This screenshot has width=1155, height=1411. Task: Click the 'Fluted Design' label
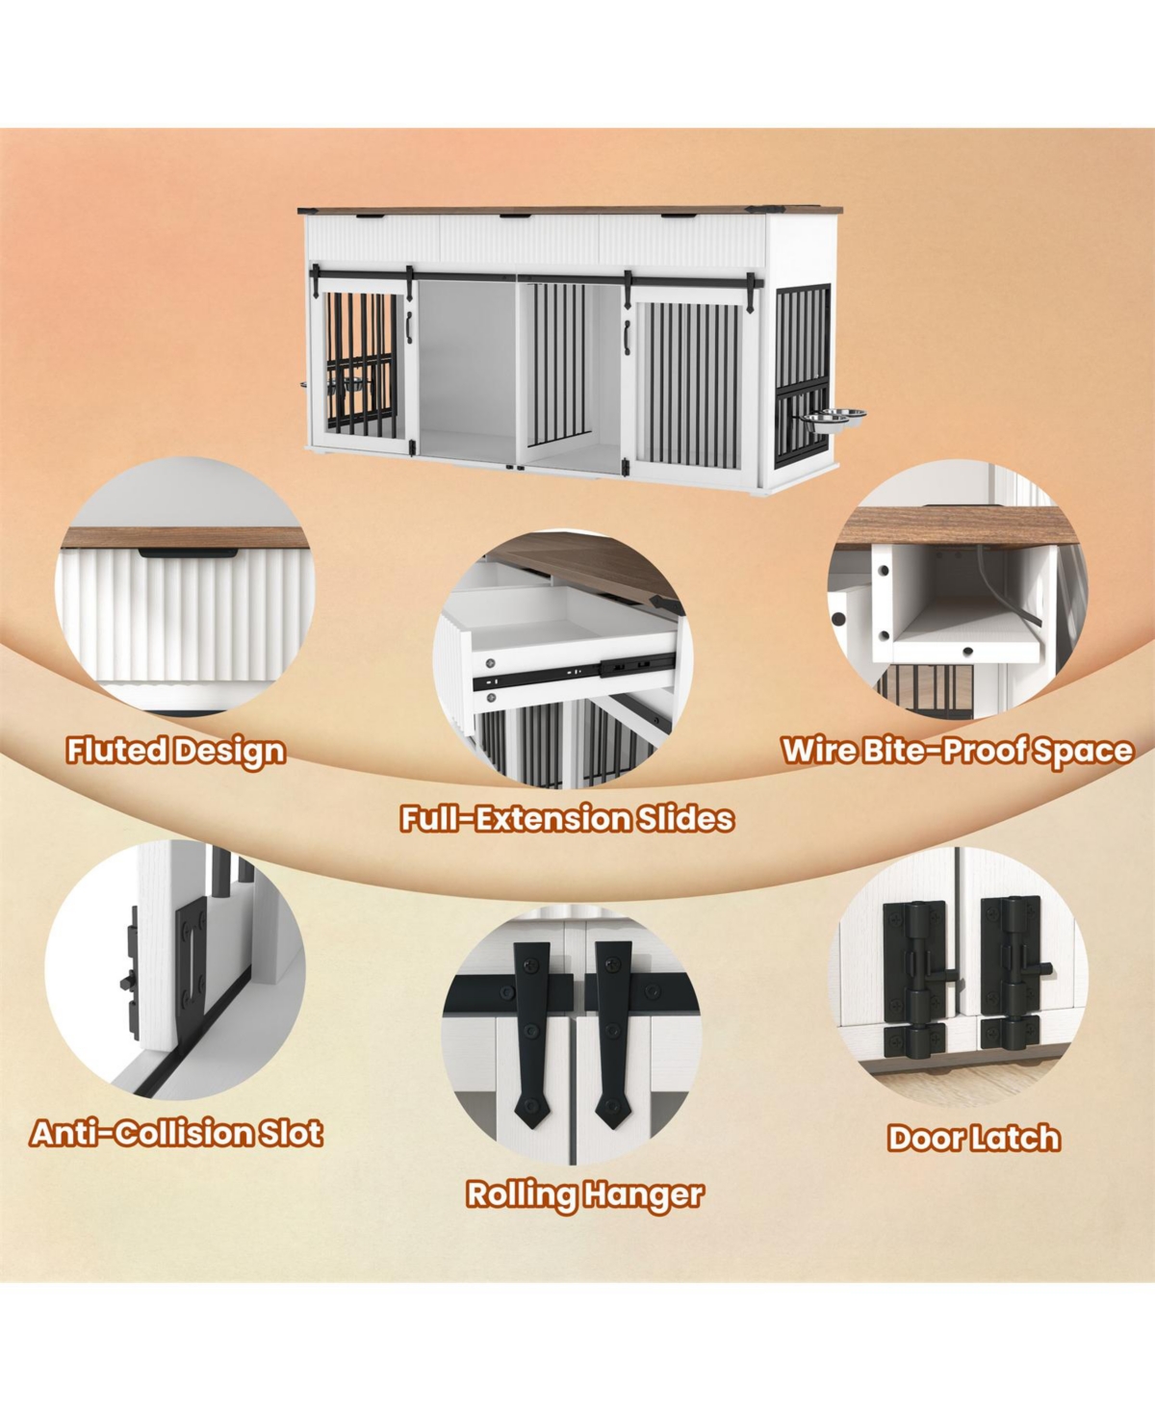[x=176, y=752]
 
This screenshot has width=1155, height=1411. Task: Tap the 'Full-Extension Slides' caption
[x=567, y=818]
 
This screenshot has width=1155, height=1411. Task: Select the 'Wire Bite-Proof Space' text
[x=957, y=751]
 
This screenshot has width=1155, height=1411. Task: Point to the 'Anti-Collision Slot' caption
[x=176, y=1134]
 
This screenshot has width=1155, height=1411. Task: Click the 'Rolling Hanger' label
[x=585, y=1194]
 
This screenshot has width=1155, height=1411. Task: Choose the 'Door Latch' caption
[x=974, y=1138]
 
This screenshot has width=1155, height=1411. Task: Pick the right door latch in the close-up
[x=1014, y=972]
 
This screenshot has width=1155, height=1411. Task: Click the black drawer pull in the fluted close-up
[x=188, y=552]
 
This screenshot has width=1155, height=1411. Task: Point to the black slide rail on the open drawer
[x=573, y=673]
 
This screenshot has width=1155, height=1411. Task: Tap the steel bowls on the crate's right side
[x=832, y=418]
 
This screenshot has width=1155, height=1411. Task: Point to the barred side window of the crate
[x=802, y=376]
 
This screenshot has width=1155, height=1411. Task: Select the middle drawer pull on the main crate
[x=515, y=216]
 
